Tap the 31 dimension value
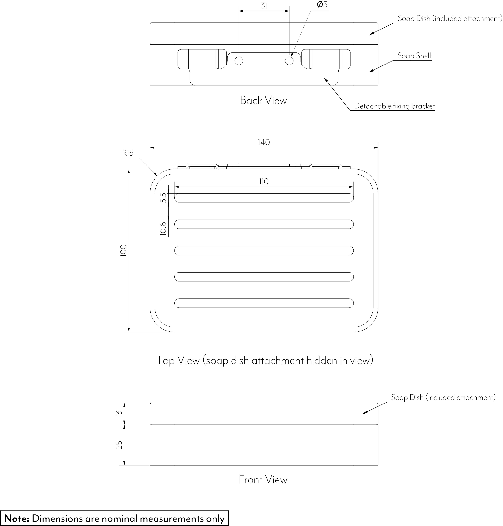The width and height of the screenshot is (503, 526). (x=264, y=6)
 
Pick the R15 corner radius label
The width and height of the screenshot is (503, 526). (x=128, y=153)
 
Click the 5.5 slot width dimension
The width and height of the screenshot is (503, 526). (x=163, y=198)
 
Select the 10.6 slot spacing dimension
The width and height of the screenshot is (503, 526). (x=163, y=228)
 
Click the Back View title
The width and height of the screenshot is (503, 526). (x=263, y=101)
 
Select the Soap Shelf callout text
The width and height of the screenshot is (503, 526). (x=414, y=56)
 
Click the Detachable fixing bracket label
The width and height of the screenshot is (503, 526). (x=394, y=106)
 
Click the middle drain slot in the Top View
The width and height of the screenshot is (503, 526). (x=264, y=250)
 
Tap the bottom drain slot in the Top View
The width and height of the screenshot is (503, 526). (x=264, y=303)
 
